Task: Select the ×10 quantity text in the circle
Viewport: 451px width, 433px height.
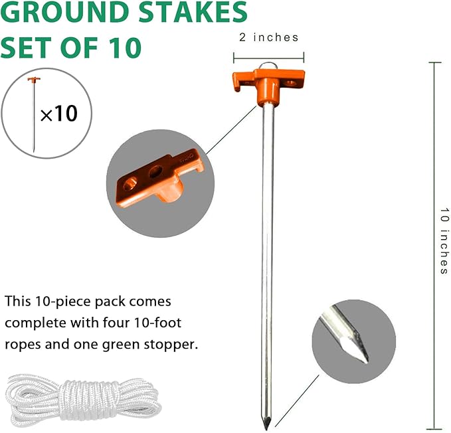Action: tap(58, 114)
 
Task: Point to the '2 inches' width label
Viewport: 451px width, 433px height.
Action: tap(268, 38)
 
